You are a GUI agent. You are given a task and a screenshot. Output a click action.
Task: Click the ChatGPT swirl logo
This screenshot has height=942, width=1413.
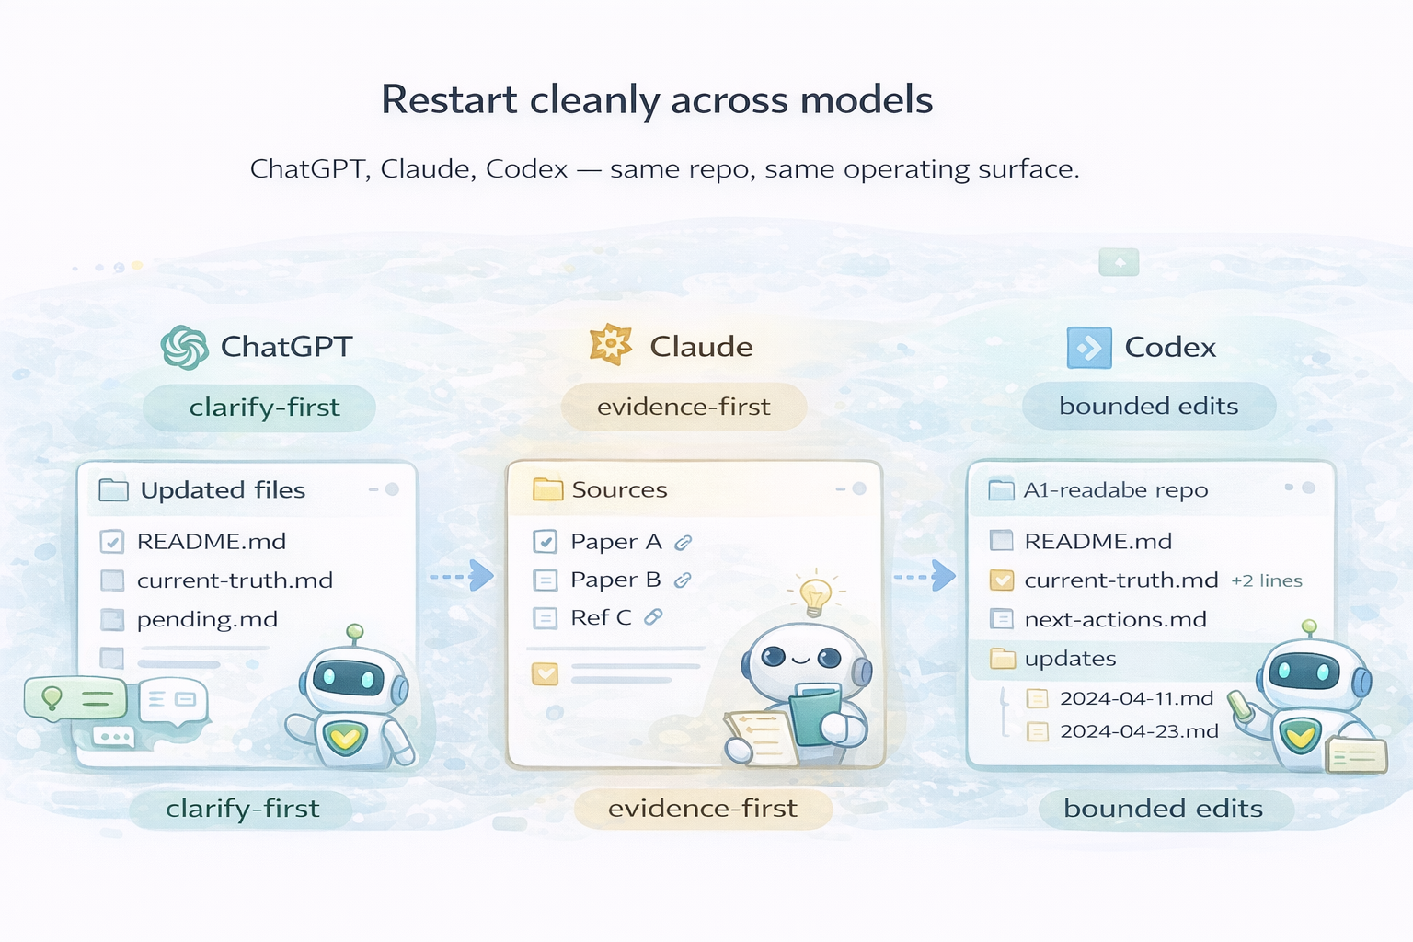pyautogui.click(x=184, y=347)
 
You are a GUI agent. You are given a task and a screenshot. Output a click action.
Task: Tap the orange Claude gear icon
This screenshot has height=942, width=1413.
pyautogui.click(x=610, y=344)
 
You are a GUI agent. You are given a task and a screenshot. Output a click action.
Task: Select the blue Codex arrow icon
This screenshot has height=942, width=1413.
pyautogui.click(x=1089, y=348)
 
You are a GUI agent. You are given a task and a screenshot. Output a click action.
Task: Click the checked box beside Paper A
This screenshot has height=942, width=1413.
pyautogui.click(x=545, y=541)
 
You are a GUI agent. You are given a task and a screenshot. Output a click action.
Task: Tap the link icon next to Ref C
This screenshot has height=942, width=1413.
pyautogui.click(x=653, y=617)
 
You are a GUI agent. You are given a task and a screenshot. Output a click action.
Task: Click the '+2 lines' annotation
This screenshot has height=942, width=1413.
pyautogui.click(x=1267, y=580)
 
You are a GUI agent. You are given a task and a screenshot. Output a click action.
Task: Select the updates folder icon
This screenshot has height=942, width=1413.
pyautogui.click(x=1003, y=659)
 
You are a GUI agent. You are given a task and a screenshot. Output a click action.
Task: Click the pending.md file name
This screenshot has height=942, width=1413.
pyautogui.click(x=207, y=620)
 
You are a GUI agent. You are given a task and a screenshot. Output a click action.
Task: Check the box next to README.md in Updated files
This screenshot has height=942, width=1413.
pyautogui.click(x=111, y=541)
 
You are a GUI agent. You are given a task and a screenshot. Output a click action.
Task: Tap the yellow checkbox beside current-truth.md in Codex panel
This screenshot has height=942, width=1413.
pyautogui.click(x=1002, y=580)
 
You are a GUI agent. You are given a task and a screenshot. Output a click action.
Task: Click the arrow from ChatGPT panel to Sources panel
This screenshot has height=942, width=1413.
pyautogui.click(x=462, y=576)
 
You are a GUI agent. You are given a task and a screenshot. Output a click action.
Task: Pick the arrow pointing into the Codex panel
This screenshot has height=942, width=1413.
pyautogui.click(x=925, y=576)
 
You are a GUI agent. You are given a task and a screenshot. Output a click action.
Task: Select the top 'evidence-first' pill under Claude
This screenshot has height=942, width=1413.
pyautogui.click(x=684, y=407)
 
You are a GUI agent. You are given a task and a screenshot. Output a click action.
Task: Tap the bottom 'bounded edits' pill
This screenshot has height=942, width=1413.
pyautogui.click(x=1164, y=809)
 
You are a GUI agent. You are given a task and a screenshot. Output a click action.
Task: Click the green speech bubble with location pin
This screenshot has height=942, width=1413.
pyautogui.click(x=75, y=698)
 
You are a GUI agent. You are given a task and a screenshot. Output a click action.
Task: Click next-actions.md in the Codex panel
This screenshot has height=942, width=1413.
pyautogui.click(x=1115, y=620)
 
